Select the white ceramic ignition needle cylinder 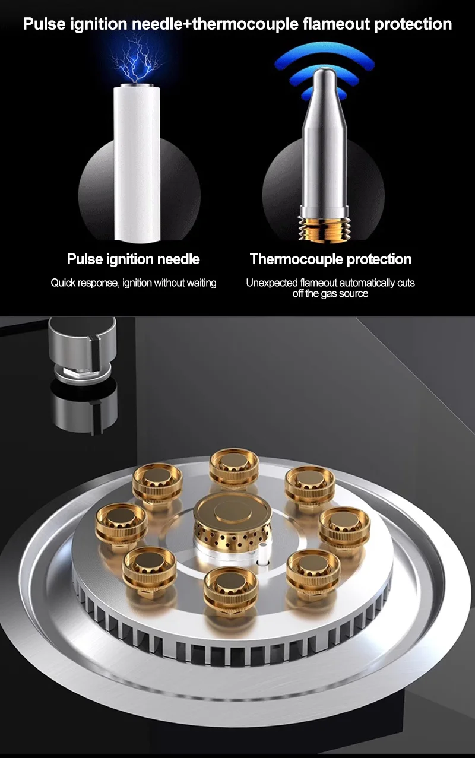coord(137,163)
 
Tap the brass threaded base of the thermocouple coord(324,229)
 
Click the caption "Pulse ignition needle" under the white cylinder coord(133,259)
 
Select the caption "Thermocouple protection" coord(331,259)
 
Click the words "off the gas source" coord(330,293)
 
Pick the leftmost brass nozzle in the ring coord(121,524)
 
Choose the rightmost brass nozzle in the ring coord(344,528)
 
